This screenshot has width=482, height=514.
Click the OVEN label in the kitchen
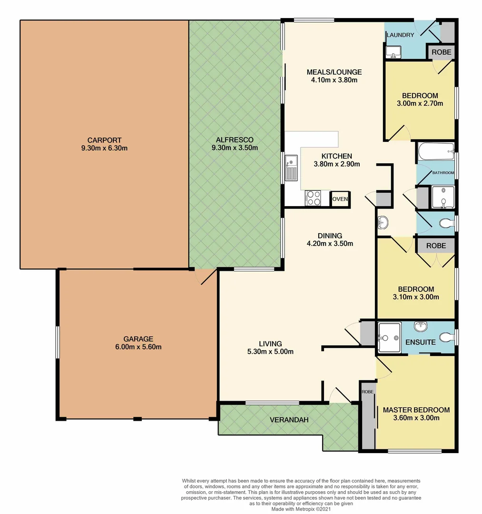[x=340, y=199]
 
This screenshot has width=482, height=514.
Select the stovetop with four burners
[x=313, y=198]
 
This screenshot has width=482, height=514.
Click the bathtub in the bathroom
[x=435, y=153]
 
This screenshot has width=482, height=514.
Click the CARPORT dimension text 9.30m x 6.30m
[x=104, y=148]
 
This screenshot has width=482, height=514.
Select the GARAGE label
[x=138, y=339]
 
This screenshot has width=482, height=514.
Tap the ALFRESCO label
[x=235, y=139]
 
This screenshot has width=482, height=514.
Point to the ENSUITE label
[x=420, y=342]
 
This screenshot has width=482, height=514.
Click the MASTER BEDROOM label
[x=416, y=410]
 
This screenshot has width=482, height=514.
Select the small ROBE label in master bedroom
[x=367, y=392]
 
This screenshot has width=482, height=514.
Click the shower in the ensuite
[x=389, y=337]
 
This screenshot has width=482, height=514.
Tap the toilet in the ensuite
[x=445, y=337]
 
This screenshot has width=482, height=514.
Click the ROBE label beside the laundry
[x=442, y=51]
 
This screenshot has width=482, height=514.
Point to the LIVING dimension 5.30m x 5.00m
[x=270, y=352]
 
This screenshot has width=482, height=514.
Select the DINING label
[x=330, y=236]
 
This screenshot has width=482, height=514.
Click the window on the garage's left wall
[x=57, y=341]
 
